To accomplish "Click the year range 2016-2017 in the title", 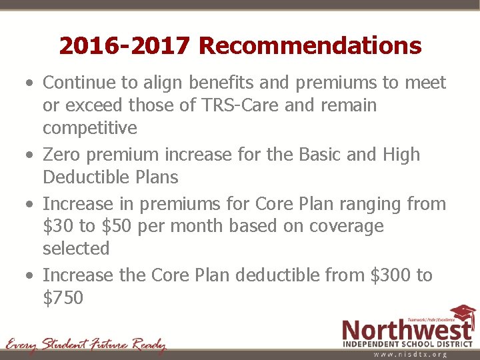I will [125, 46].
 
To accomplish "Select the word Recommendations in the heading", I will [310, 46].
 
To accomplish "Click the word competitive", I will [89, 128].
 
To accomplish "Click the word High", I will [401, 155].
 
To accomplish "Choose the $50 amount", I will [117, 226].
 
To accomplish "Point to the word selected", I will [76, 249].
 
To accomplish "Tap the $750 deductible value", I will [63, 298].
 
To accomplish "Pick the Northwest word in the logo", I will [407, 331].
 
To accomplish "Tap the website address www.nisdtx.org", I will [410, 355].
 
